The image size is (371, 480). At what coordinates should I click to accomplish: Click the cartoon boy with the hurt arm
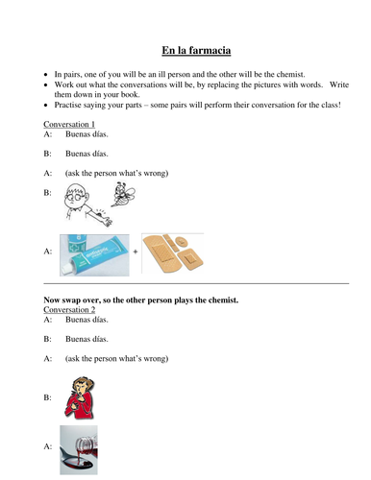[77, 208]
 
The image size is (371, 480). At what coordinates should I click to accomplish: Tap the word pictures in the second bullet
[266, 84]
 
